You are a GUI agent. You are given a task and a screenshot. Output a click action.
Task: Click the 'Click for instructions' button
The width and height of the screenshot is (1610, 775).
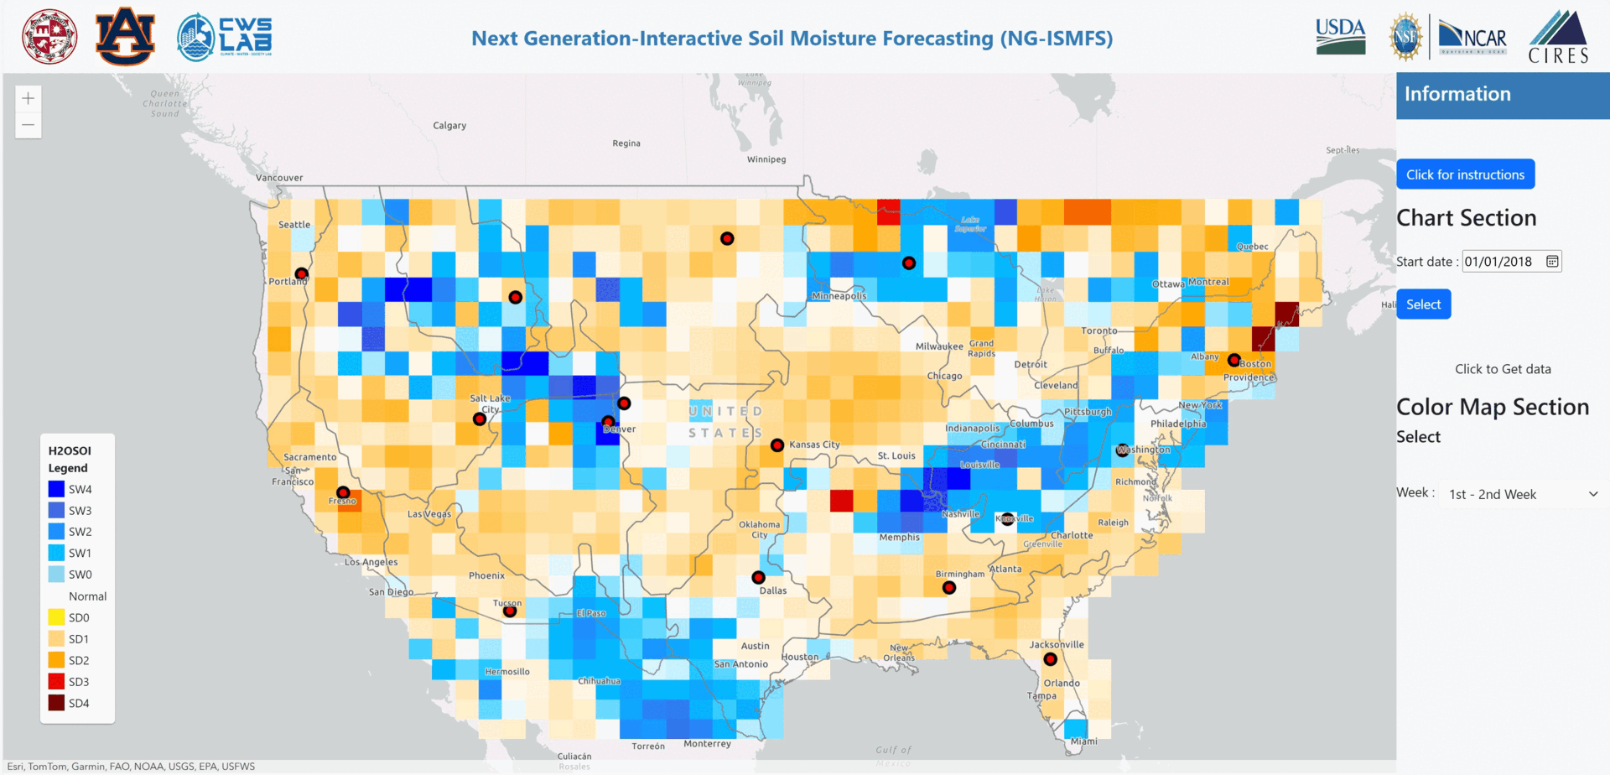tap(1465, 174)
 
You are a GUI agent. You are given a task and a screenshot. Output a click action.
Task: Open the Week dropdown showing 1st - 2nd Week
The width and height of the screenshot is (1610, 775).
tap(1522, 494)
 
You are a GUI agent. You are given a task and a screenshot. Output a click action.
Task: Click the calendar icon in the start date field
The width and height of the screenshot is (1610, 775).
tap(1552, 262)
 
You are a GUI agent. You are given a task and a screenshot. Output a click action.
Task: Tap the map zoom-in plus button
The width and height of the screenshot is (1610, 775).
tap(29, 99)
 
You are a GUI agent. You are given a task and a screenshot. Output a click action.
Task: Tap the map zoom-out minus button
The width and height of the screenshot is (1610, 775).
tap(29, 126)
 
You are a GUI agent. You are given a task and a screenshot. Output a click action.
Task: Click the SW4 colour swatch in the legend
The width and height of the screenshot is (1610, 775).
tap(56, 489)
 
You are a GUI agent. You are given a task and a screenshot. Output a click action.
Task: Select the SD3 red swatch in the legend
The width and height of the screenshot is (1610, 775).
tap(56, 682)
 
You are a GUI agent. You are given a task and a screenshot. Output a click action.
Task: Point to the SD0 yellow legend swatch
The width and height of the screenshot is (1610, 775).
tap(56, 617)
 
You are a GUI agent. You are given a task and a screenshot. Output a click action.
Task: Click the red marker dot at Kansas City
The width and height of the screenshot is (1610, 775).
tap(777, 445)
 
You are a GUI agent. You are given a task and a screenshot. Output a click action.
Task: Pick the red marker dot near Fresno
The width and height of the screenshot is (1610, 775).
tap(343, 492)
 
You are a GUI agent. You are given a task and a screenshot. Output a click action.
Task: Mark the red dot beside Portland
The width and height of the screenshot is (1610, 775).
tap(301, 273)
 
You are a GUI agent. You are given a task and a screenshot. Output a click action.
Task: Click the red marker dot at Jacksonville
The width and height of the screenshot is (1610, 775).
tap(1050, 659)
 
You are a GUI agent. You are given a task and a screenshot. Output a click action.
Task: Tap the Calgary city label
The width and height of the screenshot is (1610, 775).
tap(449, 126)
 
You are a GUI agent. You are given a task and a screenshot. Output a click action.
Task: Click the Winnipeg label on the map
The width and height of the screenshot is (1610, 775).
tap(766, 159)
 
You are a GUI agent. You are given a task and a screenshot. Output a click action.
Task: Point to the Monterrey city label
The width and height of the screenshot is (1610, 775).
tap(707, 744)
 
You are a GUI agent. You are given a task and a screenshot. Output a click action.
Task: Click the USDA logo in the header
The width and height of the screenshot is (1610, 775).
tap(1340, 37)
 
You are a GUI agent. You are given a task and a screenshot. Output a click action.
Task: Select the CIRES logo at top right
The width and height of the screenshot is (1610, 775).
tap(1558, 38)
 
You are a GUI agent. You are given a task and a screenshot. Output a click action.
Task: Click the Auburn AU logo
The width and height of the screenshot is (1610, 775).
tap(125, 37)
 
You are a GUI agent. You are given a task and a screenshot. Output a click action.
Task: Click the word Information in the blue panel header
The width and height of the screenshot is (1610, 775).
tap(1457, 94)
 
